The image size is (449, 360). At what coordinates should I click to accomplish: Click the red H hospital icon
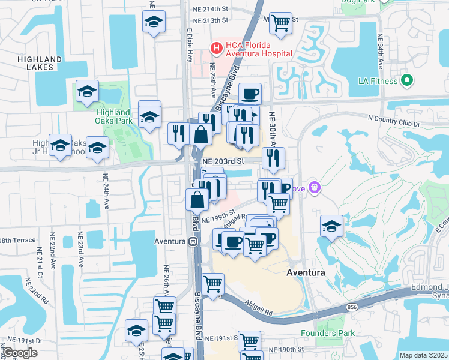214,46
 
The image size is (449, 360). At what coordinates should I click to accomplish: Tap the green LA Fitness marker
406,80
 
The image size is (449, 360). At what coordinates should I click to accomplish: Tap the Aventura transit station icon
193,241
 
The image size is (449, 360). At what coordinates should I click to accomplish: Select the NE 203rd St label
223,161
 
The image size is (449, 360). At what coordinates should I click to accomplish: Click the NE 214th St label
211,8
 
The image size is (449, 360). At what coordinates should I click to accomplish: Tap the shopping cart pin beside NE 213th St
280,23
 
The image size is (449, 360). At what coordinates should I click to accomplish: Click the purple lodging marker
315,188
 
